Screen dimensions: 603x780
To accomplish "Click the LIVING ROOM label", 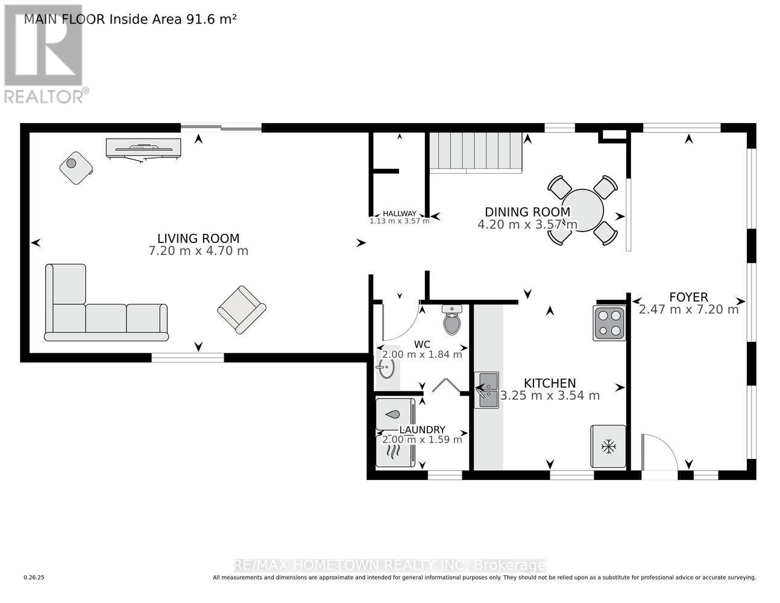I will (x=198, y=238).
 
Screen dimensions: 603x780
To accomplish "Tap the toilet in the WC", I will (x=451, y=320).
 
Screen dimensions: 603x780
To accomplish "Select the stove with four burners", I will (x=609, y=323).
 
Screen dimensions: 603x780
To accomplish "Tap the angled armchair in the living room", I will (x=241, y=309).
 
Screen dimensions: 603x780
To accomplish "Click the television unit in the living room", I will (x=143, y=148).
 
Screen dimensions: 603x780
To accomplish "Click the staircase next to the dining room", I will (x=476, y=152).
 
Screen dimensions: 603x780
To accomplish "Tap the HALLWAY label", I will (x=400, y=213).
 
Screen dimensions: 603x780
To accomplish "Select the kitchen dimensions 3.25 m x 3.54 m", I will (x=550, y=396).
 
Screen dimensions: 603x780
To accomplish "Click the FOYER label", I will (x=688, y=297).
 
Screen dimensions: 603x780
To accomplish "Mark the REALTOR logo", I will (x=45, y=55).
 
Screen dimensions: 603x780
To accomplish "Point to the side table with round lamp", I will (x=76, y=167).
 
